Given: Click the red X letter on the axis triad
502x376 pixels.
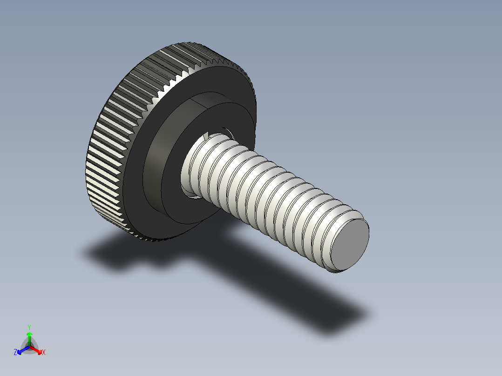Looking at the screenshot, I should click(44, 353).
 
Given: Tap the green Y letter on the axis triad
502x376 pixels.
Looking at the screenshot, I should click(29, 327).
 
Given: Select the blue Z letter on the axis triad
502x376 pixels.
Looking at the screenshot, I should click(15, 353).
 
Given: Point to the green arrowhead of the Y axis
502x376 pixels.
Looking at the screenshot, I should click(29, 335).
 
